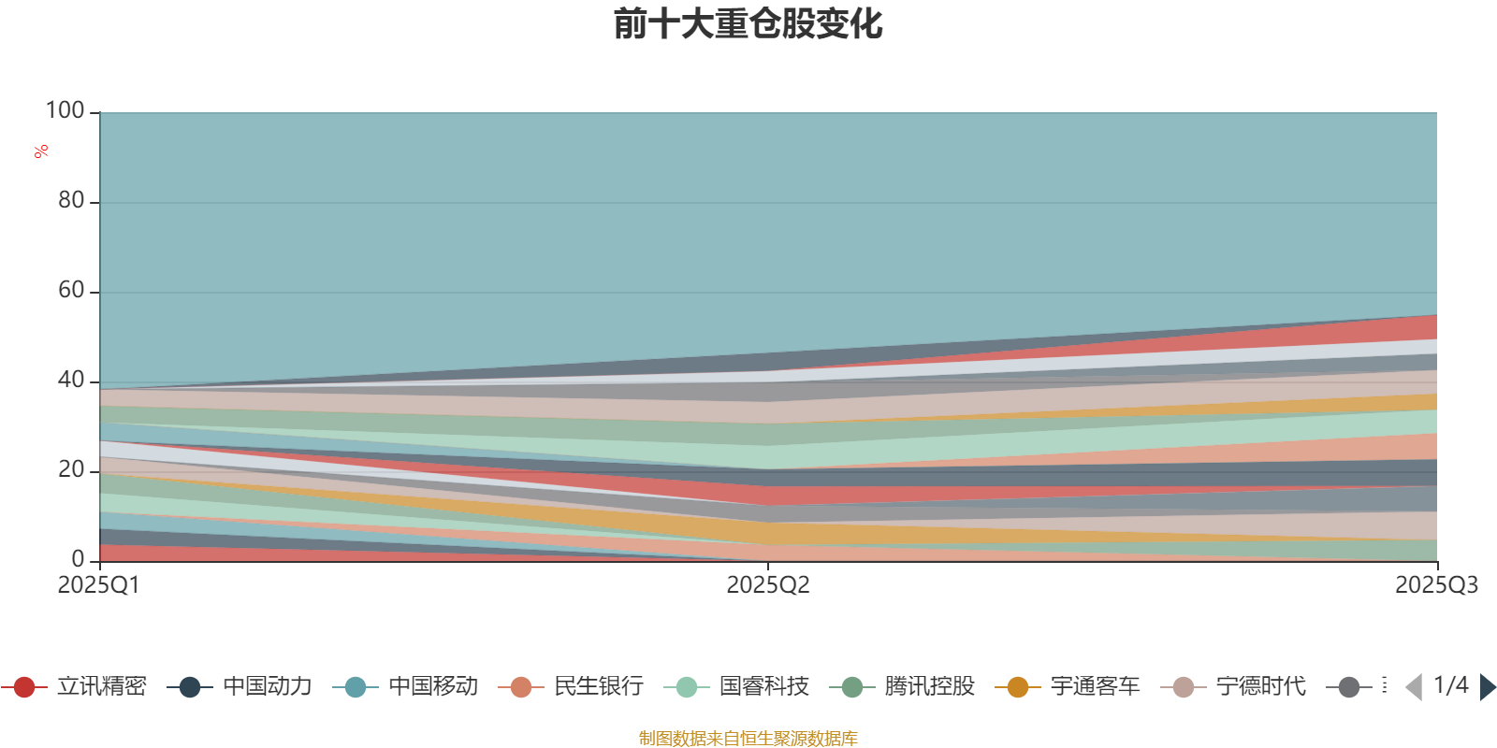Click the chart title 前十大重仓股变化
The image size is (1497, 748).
[748, 24]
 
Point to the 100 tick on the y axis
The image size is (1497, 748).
[65, 111]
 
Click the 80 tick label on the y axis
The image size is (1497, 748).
[71, 201]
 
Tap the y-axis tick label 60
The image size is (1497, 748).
[71, 291]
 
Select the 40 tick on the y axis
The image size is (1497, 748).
[71, 381]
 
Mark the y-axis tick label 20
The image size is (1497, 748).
[71, 470]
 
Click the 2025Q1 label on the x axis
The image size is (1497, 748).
[98, 585]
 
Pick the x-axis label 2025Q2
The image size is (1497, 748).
[768, 585]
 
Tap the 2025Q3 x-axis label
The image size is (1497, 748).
[1436, 585]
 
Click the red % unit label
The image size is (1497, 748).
[41, 151]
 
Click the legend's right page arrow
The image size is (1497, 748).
[1488, 687]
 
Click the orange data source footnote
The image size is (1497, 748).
[748, 739]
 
